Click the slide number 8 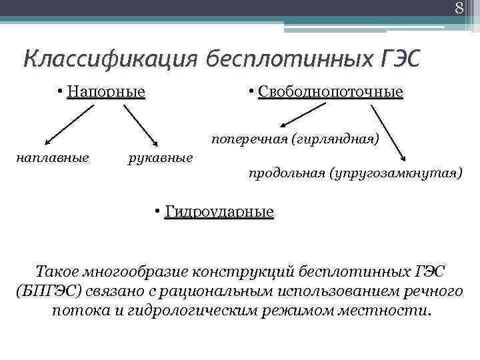(459, 8)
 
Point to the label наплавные (53, 158)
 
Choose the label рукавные (161, 158)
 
